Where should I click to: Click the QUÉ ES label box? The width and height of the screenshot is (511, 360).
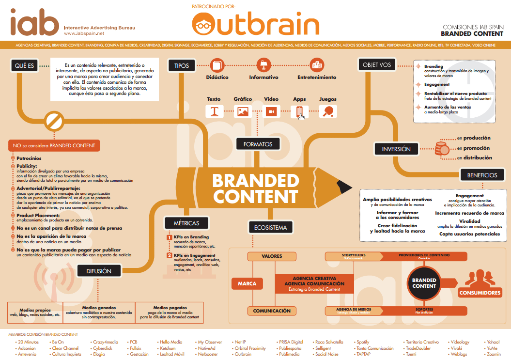[25, 65]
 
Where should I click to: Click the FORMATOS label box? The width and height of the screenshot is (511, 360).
[258, 144]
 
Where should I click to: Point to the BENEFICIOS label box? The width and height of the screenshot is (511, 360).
[482, 175]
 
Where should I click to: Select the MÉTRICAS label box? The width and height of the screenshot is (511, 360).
[186, 223]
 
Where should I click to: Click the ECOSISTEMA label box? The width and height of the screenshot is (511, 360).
[271, 227]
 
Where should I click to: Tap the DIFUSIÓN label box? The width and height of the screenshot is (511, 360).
[99, 271]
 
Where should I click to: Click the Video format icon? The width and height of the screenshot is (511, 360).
[271, 111]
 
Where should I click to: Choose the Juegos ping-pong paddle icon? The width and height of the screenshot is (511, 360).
[327, 111]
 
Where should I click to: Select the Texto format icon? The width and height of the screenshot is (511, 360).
[214, 111]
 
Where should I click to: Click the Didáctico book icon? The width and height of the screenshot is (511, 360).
[217, 65]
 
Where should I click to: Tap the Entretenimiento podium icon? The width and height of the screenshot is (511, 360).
[316, 64]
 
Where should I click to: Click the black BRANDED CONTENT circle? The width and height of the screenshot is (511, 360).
[424, 283]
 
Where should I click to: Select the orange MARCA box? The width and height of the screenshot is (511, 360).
[247, 283]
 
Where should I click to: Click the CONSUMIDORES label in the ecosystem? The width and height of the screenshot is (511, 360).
[479, 293]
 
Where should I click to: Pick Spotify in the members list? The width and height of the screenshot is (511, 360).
[363, 342]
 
